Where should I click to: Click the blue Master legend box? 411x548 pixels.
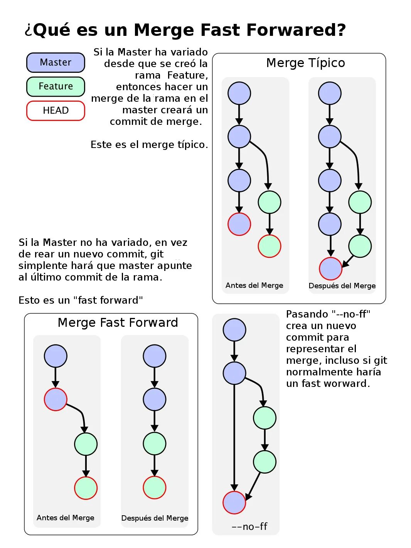pyautogui.click(x=56, y=62)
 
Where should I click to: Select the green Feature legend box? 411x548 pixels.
pyautogui.click(x=56, y=86)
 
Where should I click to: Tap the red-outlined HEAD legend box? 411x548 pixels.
pyautogui.click(x=56, y=111)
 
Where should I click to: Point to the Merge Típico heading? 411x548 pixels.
pyautogui.click(x=305, y=63)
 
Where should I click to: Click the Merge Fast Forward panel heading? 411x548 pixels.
pyautogui.click(x=118, y=323)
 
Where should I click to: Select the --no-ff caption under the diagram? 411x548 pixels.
pyautogui.click(x=249, y=526)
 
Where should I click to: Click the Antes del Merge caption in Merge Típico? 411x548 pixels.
pyautogui.click(x=254, y=286)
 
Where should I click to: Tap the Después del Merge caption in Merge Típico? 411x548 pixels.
pyautogui.click(x=342, y=286)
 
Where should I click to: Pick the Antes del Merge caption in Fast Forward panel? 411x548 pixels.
pyautogui.click(x=65, y=518)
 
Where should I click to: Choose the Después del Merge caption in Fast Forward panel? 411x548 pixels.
pyautogui.click(x=155, y=518)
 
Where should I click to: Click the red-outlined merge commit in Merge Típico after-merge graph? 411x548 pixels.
pyautogui.click(x=330, y=269)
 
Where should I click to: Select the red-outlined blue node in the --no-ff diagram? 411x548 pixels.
pyautogui.click(x=234, y=503)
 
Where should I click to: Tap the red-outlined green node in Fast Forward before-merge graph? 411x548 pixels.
pyautogui.click(x=86, y=488)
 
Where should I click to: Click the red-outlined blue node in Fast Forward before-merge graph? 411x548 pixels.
pyautogui.click(x=56, y=399)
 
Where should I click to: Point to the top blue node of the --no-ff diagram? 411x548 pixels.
pyautogui.click(x=234, y=330)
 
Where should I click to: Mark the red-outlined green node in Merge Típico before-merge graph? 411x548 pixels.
pyautogui.click(x=270, y=246)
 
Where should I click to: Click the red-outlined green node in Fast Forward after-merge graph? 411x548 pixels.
pyautogui.click(x=155, y=487)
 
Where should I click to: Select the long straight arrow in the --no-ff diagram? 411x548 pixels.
pyautogui.click(x=234, y=435)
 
